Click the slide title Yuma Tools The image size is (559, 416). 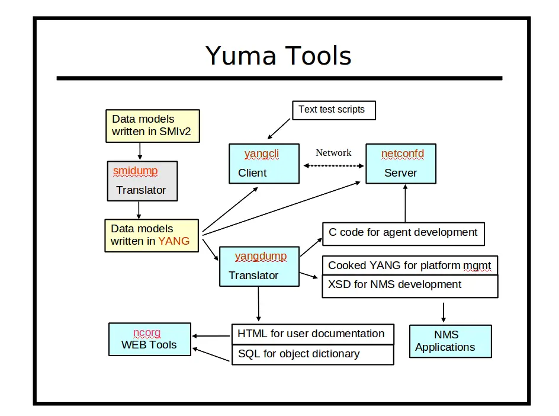278,56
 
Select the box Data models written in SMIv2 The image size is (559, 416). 152,126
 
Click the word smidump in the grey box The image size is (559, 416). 136,171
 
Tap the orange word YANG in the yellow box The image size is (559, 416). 174,241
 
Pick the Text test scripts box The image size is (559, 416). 333,110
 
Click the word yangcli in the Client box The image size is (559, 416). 261,154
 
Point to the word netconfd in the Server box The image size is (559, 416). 402,154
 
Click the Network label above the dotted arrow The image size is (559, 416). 333,153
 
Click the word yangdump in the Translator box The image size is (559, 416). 261,257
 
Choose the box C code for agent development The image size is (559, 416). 403,233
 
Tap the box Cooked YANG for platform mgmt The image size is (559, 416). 410,265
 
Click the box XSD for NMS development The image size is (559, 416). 410,286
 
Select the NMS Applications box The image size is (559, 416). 450,341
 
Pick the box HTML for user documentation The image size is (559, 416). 312,334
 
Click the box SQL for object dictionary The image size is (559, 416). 312,354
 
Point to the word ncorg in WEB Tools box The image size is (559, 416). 147,332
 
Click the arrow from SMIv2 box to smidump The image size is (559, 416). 139,152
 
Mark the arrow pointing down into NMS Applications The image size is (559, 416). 443,312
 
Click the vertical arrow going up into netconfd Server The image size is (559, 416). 405,203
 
